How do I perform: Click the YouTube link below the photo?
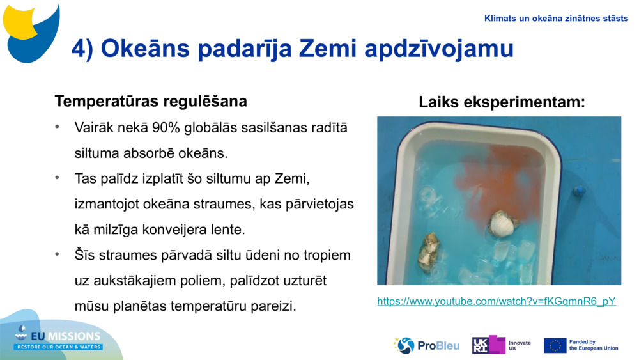497,301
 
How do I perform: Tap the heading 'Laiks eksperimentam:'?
502,102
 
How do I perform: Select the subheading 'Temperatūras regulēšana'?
151,101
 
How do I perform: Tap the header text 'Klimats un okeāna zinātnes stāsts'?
556,19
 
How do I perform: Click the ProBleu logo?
427,345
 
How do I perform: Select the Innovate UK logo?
502,345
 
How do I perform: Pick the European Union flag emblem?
555,345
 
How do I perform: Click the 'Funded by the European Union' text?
594,345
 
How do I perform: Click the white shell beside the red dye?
503,223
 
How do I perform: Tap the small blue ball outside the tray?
579,191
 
